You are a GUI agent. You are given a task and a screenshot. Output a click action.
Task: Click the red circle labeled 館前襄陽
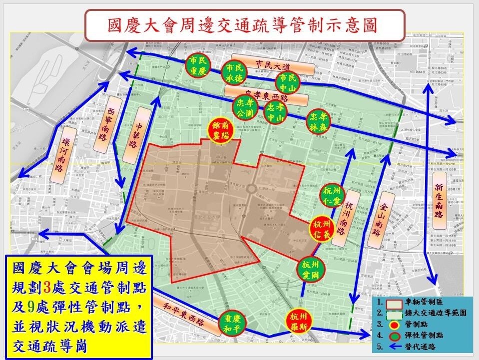click(223, 131)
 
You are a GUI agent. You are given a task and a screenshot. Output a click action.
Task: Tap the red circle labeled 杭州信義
click(323, 229)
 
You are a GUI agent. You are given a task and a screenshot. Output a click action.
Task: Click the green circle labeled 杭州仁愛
click(332, 197)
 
